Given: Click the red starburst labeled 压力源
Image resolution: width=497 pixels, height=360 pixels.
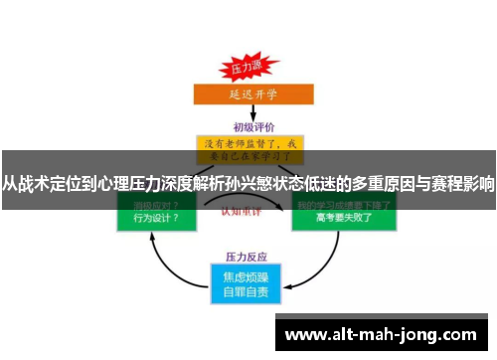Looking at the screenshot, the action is click(x=247, y=70).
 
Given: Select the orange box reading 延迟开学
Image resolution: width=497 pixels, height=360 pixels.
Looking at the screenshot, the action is click(x=247, y=96).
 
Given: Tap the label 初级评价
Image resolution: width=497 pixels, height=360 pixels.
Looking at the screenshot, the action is click(x=252, y=127).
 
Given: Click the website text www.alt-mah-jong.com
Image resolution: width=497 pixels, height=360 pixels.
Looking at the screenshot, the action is click(x=384, y=335).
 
